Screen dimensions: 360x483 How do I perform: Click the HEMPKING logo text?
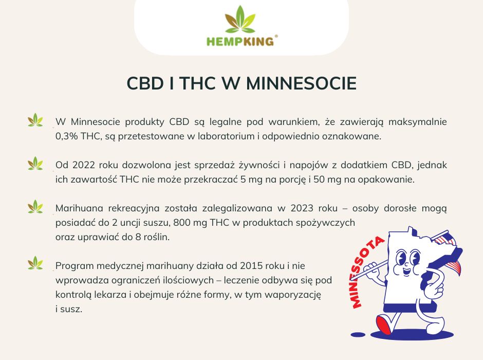click(239, 41)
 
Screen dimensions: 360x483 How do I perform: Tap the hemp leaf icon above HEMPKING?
click(240, 19)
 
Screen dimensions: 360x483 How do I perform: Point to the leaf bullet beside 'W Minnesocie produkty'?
click(35, 120)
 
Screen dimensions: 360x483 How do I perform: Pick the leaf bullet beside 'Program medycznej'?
click(35, 263)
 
